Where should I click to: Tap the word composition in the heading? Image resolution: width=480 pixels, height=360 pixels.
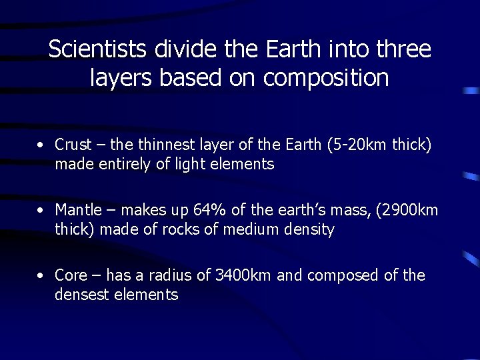pyautogui.click(x=326, y=79)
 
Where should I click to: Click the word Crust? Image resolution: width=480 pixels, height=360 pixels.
pyautogui.click(x=71, y=145)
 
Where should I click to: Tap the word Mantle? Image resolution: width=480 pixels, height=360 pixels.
pyautogui.click(x=77, y=210)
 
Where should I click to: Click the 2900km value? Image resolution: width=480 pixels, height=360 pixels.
pyautogui.click(x=407, y=210)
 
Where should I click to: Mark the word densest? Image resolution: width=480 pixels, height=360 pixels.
pyautogui.click(x=82, y=295)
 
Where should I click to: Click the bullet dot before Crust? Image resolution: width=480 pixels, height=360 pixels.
pyautogui.click(x=41, y=145)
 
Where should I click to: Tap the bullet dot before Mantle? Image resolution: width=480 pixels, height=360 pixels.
pyautogui.click(x=41, y=210)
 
